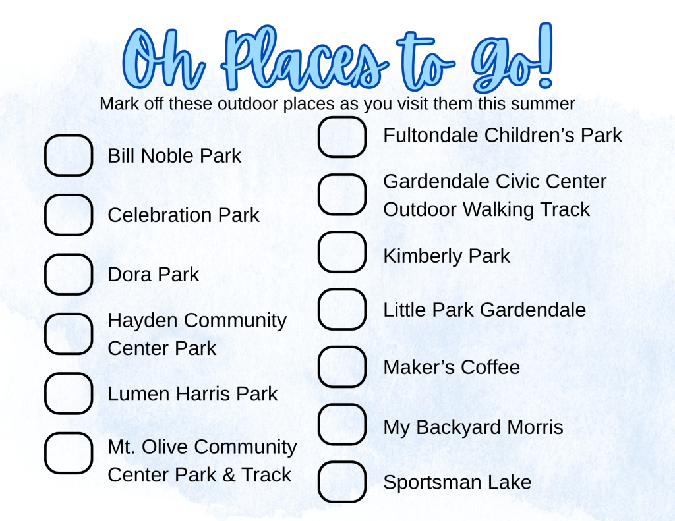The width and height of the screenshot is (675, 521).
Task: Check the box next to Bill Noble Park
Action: [69, 155]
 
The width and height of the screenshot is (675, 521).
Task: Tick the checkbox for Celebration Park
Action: [69, 215]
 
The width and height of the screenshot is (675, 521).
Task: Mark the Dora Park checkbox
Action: [69, 274]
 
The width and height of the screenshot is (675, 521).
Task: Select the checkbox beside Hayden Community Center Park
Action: [69, 334]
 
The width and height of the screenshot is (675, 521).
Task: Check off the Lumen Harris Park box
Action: [69, 393]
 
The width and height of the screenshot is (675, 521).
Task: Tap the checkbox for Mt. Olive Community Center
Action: [69, 453]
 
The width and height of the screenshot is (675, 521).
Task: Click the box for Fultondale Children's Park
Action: [342, 137]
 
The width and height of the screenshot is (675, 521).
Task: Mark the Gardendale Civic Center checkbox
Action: [342, 194]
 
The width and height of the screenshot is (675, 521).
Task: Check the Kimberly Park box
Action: [342, 252]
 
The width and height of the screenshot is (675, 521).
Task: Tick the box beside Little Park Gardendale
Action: [342, 310]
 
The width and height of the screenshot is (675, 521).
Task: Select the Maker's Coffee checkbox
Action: [342, 367]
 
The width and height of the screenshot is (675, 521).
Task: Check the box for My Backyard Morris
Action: [342, 424]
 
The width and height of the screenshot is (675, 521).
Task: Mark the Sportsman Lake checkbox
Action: [342, 481]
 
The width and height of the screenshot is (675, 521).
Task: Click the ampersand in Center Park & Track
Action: [229, 475]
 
